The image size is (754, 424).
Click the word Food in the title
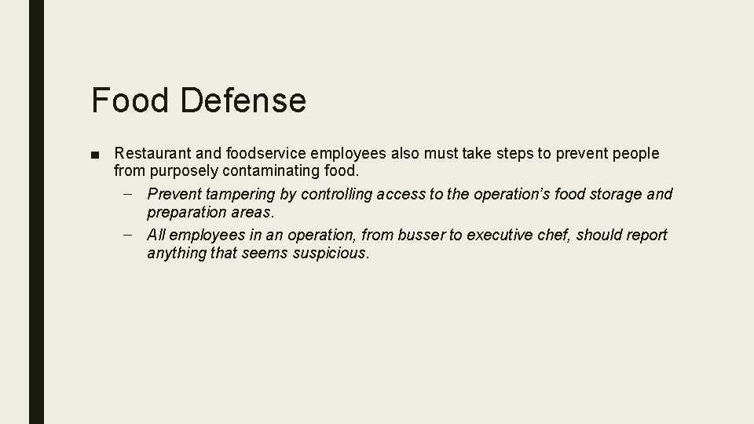(x=129, y=101)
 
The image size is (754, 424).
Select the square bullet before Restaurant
(x=96, y=154)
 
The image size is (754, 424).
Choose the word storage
(x=611, y=194)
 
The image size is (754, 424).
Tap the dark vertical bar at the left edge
(x=36, y=212)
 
